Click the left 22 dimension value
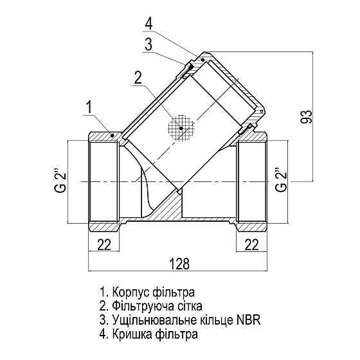click(103, 244)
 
